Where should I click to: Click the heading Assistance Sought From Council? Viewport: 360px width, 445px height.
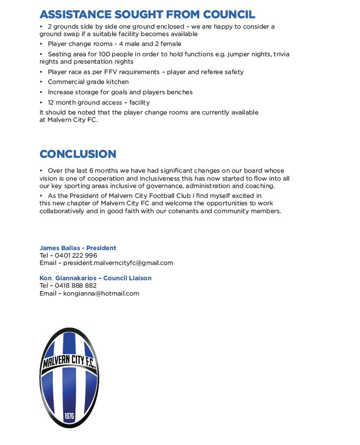[147, 14]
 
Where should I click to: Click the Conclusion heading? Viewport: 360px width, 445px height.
[78, 154]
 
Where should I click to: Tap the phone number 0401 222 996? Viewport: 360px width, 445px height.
[76, 256]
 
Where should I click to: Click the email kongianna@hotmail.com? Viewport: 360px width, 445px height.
[101, 294]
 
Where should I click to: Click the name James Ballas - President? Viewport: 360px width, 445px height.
[78, 248]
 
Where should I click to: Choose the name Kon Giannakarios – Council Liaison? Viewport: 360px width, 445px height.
[95, 278]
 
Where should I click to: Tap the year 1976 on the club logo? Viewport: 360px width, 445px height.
[69, 416]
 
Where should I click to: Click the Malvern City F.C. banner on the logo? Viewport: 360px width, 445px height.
[69, 362]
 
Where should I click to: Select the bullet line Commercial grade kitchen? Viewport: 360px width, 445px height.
[88, 82]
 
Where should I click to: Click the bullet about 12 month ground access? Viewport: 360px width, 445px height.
[98, 103]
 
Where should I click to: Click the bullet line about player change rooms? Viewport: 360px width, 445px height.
[114, 44]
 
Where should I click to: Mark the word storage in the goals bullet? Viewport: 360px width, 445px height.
[87, 92]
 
